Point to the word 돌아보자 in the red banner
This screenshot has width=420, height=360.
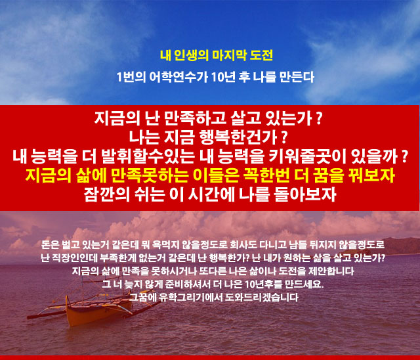(x=305, y=194)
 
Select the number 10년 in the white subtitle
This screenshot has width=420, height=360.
(x=223, y=78)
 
